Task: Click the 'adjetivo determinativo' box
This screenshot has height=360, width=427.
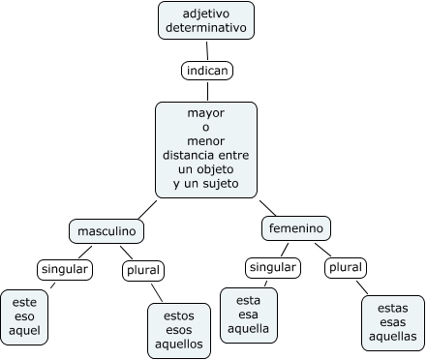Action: (x=206, y=20)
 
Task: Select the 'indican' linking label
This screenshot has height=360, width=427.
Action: (x=207, y=71)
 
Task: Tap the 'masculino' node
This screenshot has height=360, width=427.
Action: (x=107, y=231)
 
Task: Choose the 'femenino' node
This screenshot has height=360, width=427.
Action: (x=296, y=228)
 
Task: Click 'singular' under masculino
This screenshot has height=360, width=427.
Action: (x=65, y=269)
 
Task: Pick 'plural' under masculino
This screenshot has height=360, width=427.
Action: (x=143, y=270)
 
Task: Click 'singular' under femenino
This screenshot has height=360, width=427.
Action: (x=273, y=267)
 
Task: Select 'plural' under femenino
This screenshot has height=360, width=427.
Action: (x=346, y=267)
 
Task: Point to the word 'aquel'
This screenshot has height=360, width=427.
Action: (x=24, y=331)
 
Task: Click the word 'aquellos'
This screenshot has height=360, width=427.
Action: (x=179, y=344)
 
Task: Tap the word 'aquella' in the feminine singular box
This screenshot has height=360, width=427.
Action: (x=248, y=329)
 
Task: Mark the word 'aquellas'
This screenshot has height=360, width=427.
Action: (x=393, y=337)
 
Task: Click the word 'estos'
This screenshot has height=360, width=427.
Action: (x=179, y=315)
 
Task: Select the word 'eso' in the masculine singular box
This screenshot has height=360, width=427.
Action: (x=24, y=316)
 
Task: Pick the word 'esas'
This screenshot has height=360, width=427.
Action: (x=393, y=322)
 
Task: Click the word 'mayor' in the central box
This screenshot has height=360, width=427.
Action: (x=206, y=113)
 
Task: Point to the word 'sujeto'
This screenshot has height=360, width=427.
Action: (x=221, y=184)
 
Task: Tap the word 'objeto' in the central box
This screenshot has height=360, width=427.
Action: (x=215, y=169)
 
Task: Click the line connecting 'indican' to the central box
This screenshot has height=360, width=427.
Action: (x=207, y=91)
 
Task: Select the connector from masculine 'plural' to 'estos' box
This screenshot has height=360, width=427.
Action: (x=157, y=292)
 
